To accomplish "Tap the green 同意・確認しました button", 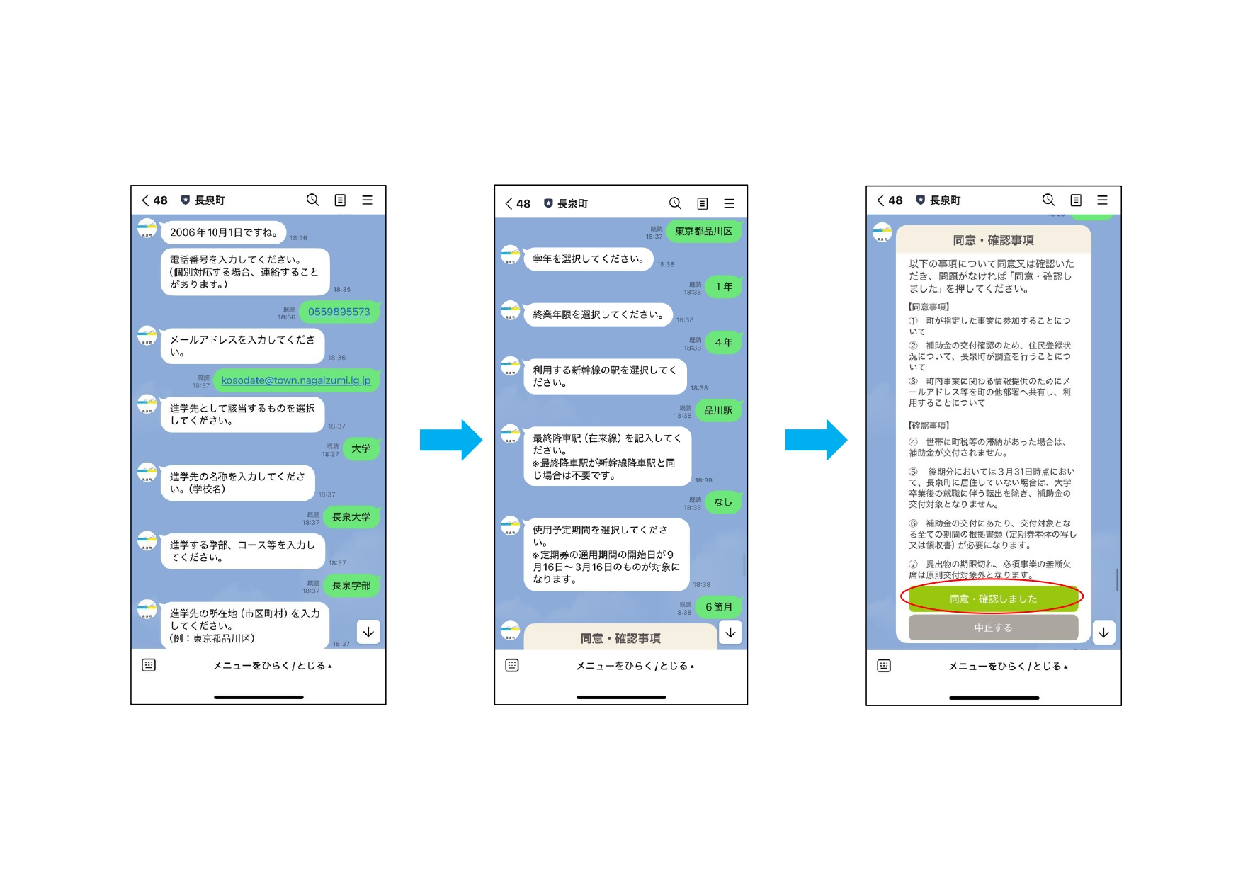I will [993, 599].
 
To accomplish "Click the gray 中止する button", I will [993, 628].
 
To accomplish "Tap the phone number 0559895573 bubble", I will [339, 312].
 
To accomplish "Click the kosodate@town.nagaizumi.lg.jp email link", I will [296, 380].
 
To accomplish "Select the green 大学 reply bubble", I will [361, 448].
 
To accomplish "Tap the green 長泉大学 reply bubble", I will [351, 517].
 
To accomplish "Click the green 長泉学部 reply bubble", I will [351, 586].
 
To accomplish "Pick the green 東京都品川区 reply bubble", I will [703, 232].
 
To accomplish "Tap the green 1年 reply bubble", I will [723, 287].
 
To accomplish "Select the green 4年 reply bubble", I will [723, 343].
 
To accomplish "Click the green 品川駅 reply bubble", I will [718, 411].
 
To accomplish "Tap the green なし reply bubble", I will [722, 502].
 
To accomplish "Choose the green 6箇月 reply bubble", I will [719, 607].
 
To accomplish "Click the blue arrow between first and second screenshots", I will [450, 440].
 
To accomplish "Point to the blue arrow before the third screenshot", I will [815, 440].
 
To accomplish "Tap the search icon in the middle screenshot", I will [675, 203].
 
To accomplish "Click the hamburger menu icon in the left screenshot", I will [367, 200].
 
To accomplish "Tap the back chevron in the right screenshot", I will [880, 200].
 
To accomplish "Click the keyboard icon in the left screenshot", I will [149, 665].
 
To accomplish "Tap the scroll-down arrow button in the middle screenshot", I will [730, 633].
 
